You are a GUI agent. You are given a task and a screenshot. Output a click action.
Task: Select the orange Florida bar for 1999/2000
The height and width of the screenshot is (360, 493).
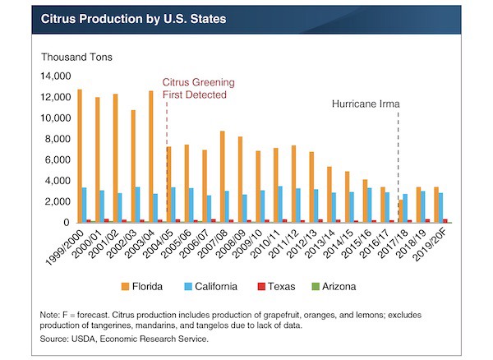pyautogui.click(x=80, y=156)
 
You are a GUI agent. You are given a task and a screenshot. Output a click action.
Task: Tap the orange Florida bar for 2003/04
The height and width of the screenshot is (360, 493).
pyautogui.click(x=151, y=156)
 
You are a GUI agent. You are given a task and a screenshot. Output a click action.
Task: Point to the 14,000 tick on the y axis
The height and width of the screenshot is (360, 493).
pyautogui.click(x=54, y=76)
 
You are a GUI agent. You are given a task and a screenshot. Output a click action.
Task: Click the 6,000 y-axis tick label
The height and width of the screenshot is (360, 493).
pyautogui.click(x=57, y=160)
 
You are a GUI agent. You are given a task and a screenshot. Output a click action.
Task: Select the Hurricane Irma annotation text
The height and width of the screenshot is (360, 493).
pyautogui.click(x=370, y=104)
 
